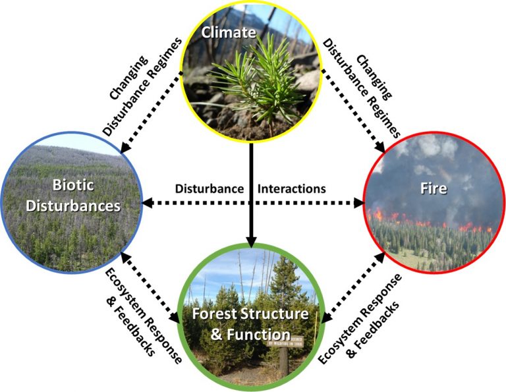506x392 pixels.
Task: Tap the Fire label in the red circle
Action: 434,189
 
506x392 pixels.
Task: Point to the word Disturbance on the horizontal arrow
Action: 209,188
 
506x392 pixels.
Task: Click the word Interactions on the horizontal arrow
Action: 292,188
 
